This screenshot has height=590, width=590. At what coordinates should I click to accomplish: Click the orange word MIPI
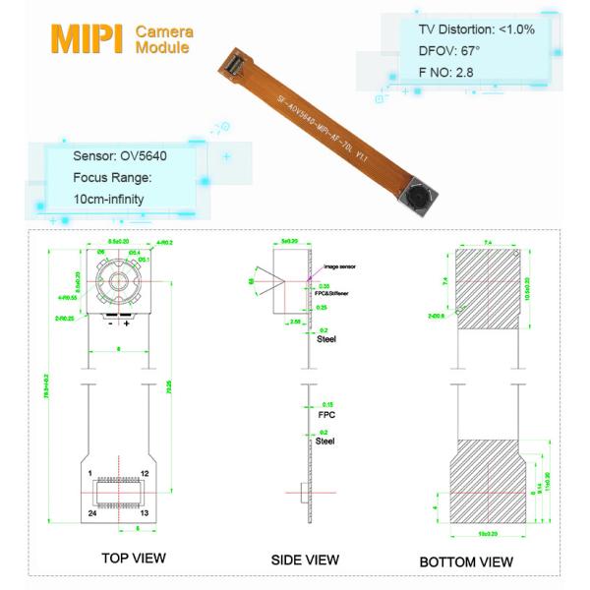point(86,38)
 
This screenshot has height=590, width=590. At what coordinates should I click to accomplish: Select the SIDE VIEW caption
point(305,560)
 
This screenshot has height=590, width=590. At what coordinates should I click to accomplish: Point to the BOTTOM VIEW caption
point(466,561)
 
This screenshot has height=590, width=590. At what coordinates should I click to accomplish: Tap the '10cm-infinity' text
point(109,199)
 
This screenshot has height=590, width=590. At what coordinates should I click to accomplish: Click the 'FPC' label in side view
point(327,415)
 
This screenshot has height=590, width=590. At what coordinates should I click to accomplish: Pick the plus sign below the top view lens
point(128,323)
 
